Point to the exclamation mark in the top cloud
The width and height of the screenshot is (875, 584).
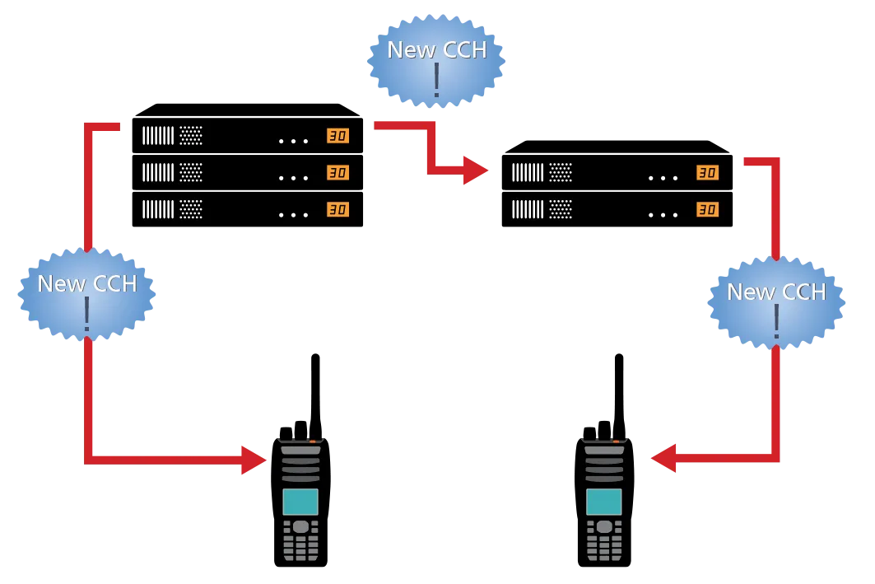[436, 81]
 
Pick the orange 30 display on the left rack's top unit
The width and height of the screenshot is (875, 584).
[337, 136]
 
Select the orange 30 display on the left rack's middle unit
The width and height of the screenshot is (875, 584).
[337, 173]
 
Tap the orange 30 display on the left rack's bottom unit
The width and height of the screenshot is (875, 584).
[337, 210]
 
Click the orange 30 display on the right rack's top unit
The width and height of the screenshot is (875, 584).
[707, 173]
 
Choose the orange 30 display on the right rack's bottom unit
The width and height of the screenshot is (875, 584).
[707, 210]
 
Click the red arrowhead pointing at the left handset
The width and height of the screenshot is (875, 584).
[254, 459]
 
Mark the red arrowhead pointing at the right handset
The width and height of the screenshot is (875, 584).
[665, 458]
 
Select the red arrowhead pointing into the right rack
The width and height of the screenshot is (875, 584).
[476, 171]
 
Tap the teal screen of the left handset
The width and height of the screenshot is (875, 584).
[300, 502]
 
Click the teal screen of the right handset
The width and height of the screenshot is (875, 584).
[603, 502]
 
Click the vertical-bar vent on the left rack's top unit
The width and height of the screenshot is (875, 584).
[158, 136]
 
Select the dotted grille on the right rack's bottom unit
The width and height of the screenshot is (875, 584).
[561, 210]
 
